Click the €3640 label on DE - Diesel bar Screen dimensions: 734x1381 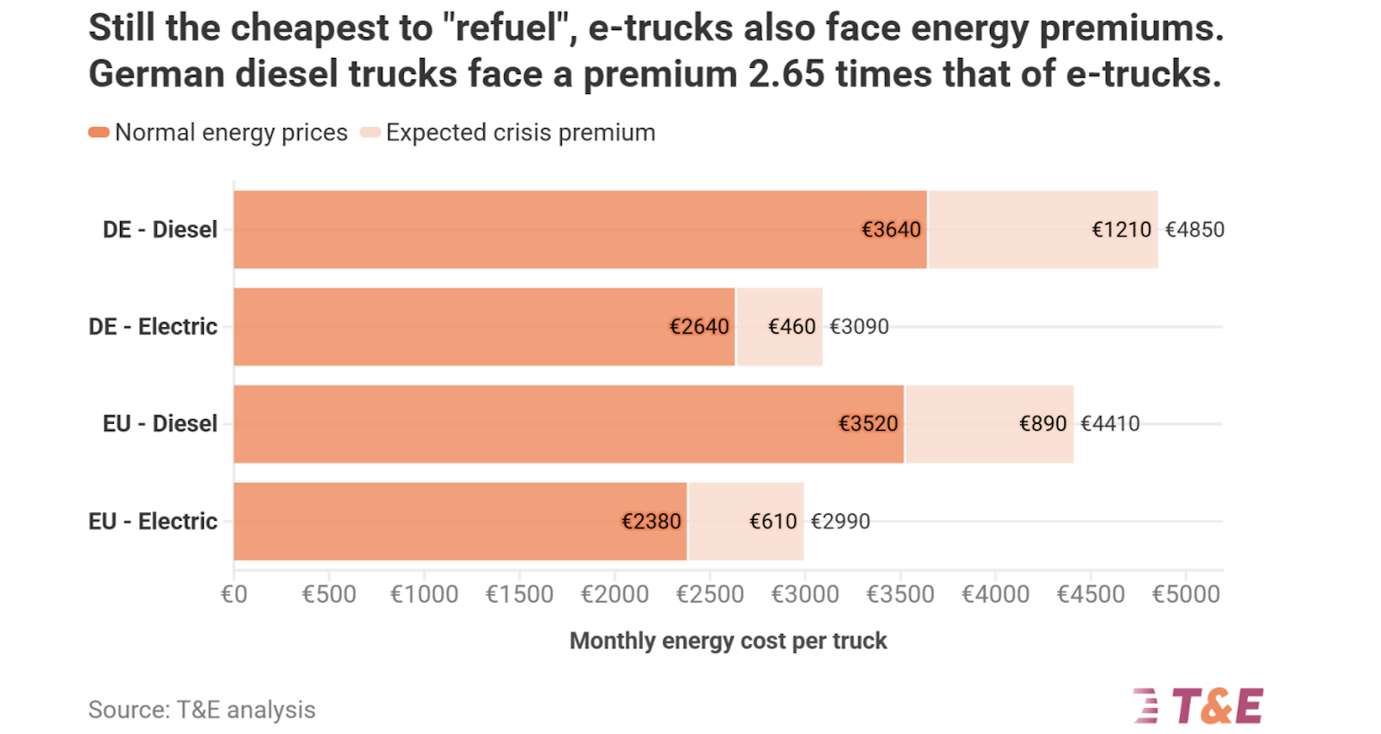pyautogui.click(x=891, y=230)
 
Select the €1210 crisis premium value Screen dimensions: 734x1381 pyautogui.click(x=1121, y=230)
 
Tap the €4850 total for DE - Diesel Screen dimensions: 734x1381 pyautogui.click(x=1195, y=230)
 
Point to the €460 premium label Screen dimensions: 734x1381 pyautogui.click(x=791, y=327)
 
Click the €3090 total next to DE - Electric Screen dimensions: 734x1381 pyautogui.click(x=859, y=327)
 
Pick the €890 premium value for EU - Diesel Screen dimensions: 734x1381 pyautogui.click(x=1043, y=424)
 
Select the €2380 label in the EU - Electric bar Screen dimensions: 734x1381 pyautogui.click(x=651, y=522)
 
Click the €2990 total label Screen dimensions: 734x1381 pyautogui.click(x=840, y=522)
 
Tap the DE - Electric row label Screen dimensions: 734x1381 pyautogui.click(x=153, y=327)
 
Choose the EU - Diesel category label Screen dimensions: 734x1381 pyautogui.click(x=160, y=424)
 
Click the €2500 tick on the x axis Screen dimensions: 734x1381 pyautogui.click(x=709, y=594)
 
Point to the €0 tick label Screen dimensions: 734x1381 pyautogui.click(x=234, y=594)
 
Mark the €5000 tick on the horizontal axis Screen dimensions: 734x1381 pyautogui.click(x=1186, y=594)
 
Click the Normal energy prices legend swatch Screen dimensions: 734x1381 pyautogui.click(x=98, y=132)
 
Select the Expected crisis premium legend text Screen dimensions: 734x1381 pyautogui.click(x=520, y=132)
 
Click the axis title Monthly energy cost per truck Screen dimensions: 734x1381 pyautogui.click(x=728, y=641)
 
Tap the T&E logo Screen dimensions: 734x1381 pyautogui.click(x=1199, y=706)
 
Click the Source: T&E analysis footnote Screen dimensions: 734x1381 pyautogui.click(x=202, y=710)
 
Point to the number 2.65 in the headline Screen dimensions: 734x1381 pyautogui.click(x=786, y=74)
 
